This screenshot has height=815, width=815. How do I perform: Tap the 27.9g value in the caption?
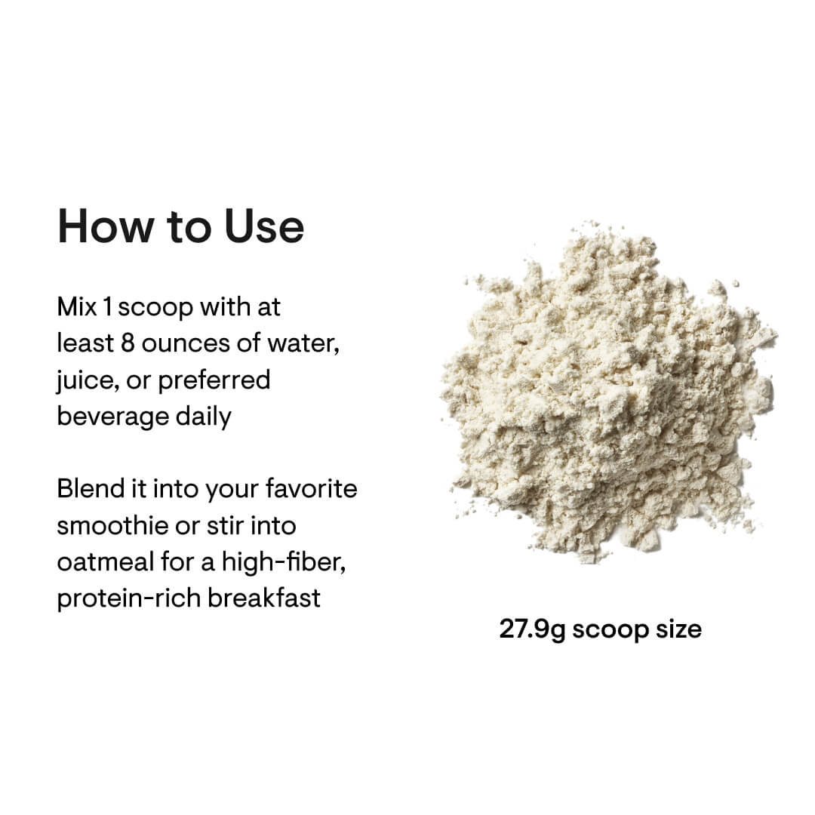click(x=531, y=629)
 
